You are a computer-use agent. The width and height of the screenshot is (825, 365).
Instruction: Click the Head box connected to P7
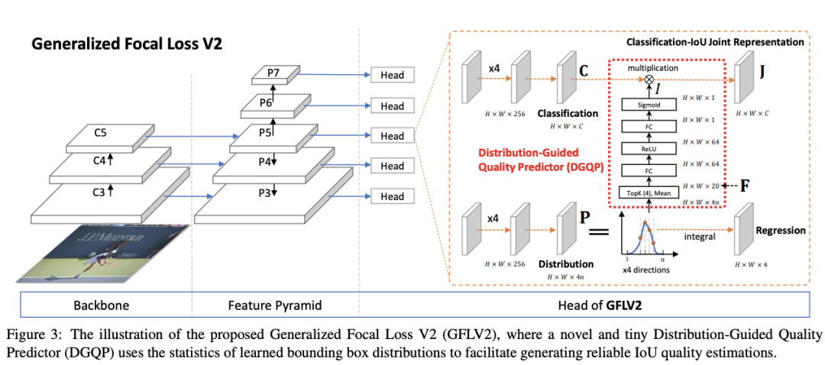pos(392,75)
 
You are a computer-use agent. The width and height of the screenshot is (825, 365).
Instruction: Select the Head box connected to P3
pos(392,196)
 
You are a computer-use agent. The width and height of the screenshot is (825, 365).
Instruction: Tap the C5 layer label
pos(100,132)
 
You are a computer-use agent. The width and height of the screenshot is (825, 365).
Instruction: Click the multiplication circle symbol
pos(649,79)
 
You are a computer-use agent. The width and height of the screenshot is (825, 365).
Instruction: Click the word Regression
pos(781,230)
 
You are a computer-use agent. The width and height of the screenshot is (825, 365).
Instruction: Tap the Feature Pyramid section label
pos(275,305)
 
